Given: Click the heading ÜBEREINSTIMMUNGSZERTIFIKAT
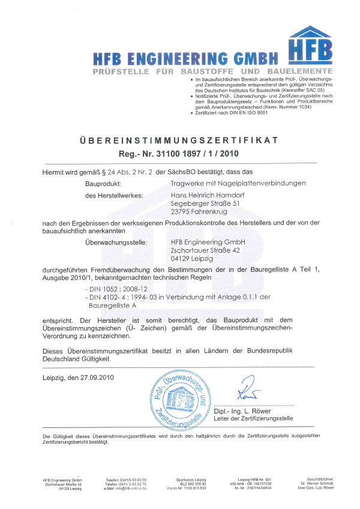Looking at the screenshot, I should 179,140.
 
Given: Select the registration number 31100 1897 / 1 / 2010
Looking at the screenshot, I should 179,154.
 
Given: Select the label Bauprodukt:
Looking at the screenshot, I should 104,182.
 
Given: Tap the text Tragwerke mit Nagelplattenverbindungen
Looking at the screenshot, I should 238,182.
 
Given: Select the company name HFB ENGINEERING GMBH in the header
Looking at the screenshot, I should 187,59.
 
